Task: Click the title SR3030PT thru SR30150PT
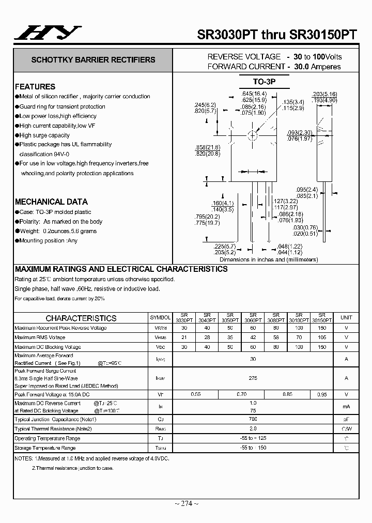pyautogui.click(x=277, y=35)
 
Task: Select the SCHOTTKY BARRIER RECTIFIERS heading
pyautogui.click(x=93, y=60)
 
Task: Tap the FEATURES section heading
pyautogui.click(x=35, y=87)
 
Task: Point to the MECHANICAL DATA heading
pyautogui.click(x=51, y=202)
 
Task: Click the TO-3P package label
pyautogui.click(x=265, y=82)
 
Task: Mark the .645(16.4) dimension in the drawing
pyautogui.click(x=254, y=94)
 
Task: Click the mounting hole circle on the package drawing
pyautogui.click(x=253, y=136)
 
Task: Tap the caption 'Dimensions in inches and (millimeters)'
pyautogui.click(x=269, y=259)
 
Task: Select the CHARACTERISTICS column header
pyautogui.click(x=81, y=318)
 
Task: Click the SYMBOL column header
pyautogui.click(x=160, y=318)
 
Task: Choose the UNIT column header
pyautogui.click(x=346, y=318)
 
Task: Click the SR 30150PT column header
pyautogui.click(x=322, y=318)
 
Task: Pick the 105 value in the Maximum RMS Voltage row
pyautogui.click(x=322, y=337)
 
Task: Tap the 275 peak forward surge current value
pyautogui.click(x=253, y=378)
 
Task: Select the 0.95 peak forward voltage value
pyautogui.click(x=322, y=394)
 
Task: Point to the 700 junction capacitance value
pyautogui.click(x=253, y=419)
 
